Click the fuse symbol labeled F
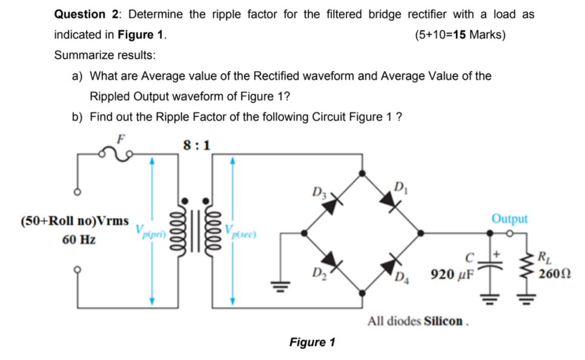tap(119, 156)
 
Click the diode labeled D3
tap(331, 205)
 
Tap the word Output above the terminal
tap(509, 218)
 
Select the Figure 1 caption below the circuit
tap(312, 342)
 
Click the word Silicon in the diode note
tap(447, 320)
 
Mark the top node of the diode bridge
tap(362, 173)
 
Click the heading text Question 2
tap(88, 14)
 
